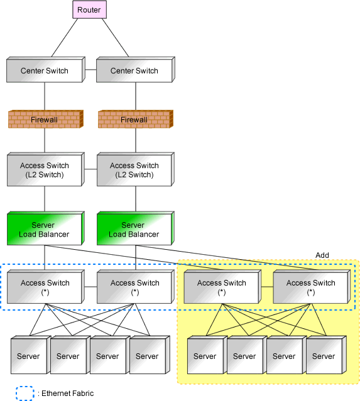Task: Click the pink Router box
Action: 89,9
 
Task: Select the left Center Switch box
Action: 46,70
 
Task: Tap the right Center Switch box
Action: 136,70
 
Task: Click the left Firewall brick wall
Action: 46,119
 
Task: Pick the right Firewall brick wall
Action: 136,119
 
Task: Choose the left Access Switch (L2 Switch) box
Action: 46,169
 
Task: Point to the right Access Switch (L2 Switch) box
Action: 136,169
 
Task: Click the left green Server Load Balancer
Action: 46,228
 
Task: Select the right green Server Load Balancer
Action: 136,228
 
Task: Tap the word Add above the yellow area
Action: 322,255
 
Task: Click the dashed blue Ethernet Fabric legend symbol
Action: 25,393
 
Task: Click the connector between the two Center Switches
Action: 90,70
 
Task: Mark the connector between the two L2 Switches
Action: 90,169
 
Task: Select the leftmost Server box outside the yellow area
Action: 31,355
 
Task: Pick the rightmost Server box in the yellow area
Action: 326,355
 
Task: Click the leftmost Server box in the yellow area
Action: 207,355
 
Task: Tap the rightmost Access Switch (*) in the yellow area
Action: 312,287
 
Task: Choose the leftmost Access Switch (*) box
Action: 46,287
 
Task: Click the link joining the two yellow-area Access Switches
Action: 267,287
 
